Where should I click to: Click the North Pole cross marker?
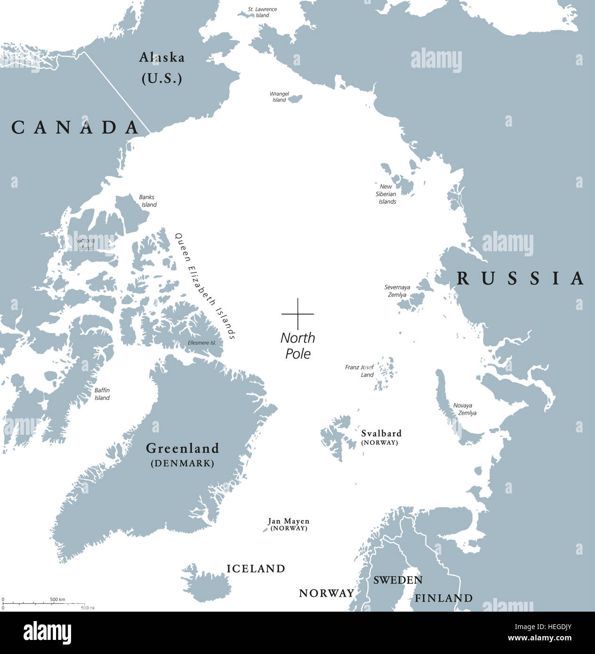click(x=297, y=313)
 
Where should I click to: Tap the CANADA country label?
click(x=76, y=127)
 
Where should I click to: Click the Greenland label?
click(x=183, y=448)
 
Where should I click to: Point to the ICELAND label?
click(x=256, y=568)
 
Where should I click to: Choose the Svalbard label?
click(x=381, y=433)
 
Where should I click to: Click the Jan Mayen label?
click(x=289, y=521)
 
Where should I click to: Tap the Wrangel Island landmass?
click(x=295, y=98)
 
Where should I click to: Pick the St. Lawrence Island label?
click(x=263, y=12)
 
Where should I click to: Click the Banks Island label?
click(x=147, y=201)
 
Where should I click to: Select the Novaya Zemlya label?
click(x=464, y=409)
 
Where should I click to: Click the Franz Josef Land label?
click(x=359, y=371)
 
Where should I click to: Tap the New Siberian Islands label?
click(x=386, y=194)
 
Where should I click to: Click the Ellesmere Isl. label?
click(x=201, y=343)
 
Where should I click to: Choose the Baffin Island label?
click(x=102, y=394)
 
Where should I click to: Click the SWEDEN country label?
click(x=398, y=580)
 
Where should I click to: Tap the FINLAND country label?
click(x=443, y=598)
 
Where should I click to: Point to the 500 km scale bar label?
click(x=58, y=599)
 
